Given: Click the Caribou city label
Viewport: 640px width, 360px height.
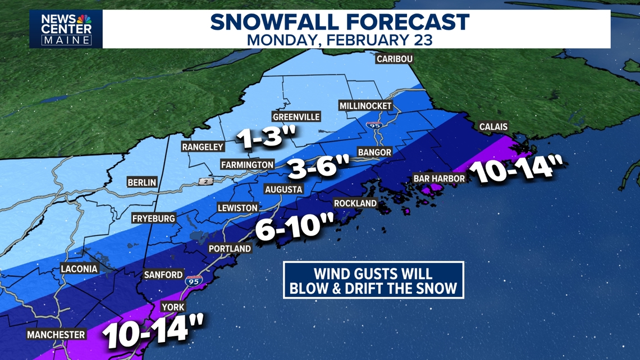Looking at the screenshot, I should [x=394, y=59].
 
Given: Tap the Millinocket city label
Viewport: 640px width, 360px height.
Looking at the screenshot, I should [x=365, y=106].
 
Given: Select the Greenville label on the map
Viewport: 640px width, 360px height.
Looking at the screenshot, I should [x=296, y=117].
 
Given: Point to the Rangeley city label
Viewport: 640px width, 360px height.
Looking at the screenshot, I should [x=203, y=147].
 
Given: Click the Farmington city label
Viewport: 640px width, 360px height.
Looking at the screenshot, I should [x=247, y=165].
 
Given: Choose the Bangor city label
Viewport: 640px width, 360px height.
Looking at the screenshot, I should [x=374, y=152].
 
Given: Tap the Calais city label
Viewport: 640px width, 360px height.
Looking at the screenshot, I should [x=493, y=127].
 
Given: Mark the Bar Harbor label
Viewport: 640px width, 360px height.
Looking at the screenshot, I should [x=439, y=179].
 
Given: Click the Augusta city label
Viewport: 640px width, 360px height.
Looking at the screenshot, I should [x=284, y=189].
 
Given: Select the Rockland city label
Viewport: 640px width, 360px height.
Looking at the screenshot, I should [x=355, y=203].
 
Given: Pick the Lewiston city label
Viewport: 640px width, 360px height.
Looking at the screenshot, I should [x=237, y=208].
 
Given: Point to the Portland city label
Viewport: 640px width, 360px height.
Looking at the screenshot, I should [x=230, y=248].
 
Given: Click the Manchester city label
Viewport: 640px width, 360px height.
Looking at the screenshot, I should [x=56, y=335].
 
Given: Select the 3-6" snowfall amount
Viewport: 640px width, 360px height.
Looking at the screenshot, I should [x=318, y=167].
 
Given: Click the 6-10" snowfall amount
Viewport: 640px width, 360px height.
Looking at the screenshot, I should [x=295, y=227].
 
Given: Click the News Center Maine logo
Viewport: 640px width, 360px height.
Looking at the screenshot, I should [x=66, y=29].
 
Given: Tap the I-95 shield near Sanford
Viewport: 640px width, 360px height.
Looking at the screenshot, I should [x=193, y=281].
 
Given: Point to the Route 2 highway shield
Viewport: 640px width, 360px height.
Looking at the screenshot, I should [x=206, y=181].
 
